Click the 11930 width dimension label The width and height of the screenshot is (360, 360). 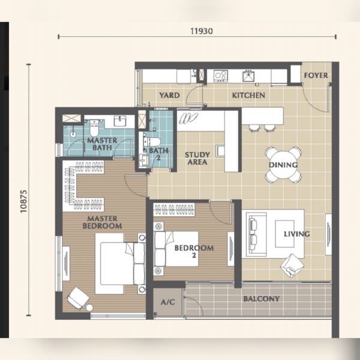tap(202, 31)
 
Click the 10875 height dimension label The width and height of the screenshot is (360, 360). tap(23, 202)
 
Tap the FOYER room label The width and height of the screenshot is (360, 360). tap(316, 76)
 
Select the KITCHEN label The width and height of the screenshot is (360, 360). tap(248, 95)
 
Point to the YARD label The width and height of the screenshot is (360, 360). tap(169, 95)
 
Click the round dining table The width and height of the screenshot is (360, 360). tap(283, 165)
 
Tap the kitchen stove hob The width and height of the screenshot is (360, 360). tap(221, 76)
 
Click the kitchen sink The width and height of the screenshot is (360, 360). tap(248, 76)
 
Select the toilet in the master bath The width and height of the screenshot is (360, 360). tap(94, 128)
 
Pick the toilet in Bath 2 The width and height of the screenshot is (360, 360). tap(152, 142)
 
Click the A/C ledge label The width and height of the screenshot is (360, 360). tap(168, 302)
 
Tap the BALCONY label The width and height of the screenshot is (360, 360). tap(262, 299)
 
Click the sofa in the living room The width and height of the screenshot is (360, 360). tap(256, 234)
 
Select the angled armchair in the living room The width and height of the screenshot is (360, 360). tap(292, 265)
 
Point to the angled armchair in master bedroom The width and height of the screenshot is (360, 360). tap(78, 298)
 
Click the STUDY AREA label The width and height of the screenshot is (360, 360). tap(197, 158)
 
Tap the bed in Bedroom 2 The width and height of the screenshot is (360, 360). tap(176, 248)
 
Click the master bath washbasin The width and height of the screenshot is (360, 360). tap(120, 121)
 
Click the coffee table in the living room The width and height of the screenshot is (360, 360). tap(284, 234)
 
